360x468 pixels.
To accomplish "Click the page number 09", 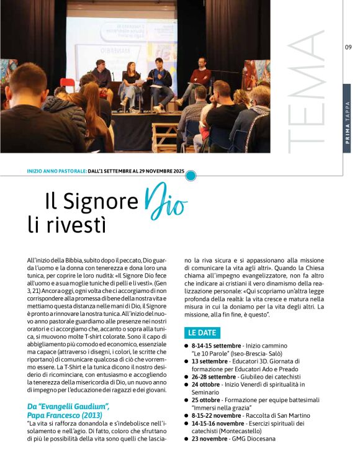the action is [x=348, y=47].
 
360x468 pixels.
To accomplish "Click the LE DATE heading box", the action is [x=204, y=333].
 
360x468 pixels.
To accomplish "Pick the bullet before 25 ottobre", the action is [x=186, y=400].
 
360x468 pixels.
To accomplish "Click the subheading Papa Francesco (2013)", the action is [x=65, y=414].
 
